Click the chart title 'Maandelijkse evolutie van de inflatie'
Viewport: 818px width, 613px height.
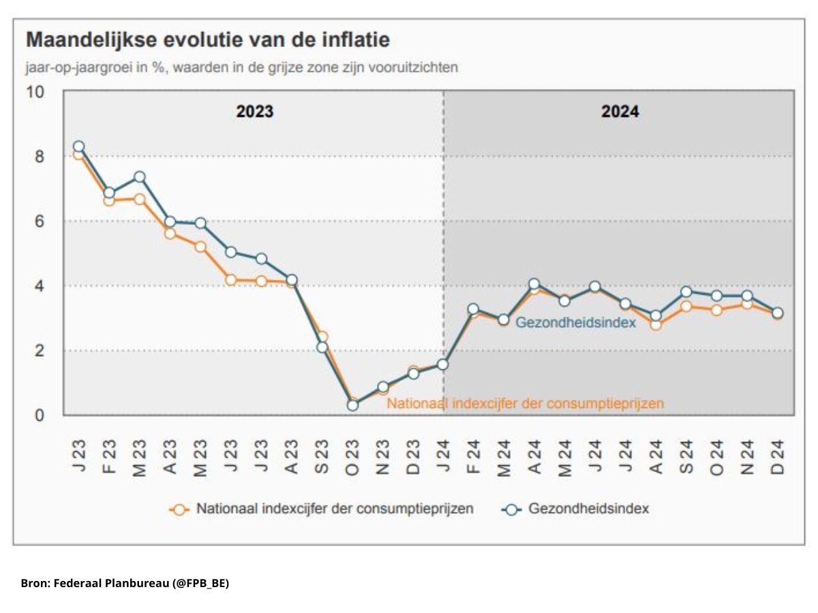(208, 40)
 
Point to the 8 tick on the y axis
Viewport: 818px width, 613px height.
(40, 157)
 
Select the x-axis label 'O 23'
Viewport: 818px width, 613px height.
(352, 457)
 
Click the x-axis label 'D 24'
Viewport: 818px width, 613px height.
(777, 457)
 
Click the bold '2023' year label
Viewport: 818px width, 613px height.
(255, 112)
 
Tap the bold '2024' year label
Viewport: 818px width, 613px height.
(620, 112)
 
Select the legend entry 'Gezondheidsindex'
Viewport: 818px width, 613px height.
(576, 509)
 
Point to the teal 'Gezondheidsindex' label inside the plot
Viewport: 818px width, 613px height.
(575, 323)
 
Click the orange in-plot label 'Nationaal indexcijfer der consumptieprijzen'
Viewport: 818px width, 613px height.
(525, 403)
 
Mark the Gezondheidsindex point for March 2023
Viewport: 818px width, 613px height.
(139, 177)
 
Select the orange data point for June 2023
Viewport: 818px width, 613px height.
(230, 280)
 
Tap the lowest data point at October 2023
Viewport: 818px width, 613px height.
(352, 405)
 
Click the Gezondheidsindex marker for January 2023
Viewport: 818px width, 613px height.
(78, 146)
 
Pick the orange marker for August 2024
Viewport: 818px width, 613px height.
(656, 325)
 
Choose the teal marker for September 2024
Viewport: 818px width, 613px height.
(686, 292)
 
